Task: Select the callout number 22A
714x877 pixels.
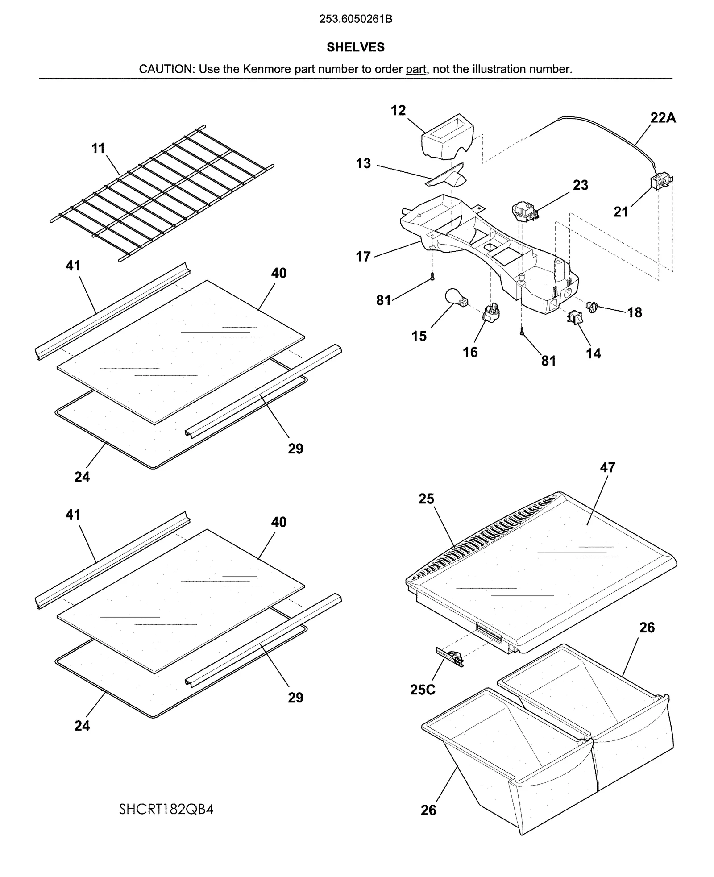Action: [x=663, y=118]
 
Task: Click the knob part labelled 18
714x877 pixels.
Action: [x=593, y=307]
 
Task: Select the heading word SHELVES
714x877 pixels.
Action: [x=355, y=47]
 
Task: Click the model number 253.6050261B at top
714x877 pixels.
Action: [x=356, y=19]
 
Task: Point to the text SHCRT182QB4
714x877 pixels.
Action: [x=166, y=809]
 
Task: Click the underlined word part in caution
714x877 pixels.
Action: [x=415, y=69]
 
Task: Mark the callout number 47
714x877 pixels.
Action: [x=607, y=467]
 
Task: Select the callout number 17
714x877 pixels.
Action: [x=363, y=257]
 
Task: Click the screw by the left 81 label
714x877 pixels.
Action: [x=432, y=277]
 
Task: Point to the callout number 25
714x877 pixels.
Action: [x=426, y=499]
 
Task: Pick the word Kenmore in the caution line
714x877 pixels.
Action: [x=264, y=69]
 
